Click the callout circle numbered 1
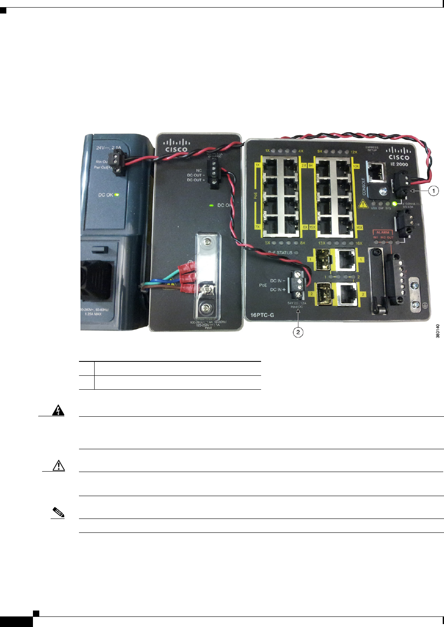[x=433, y=191]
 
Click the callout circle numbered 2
[x=298, y=332]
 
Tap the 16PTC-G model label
[x=262, y=315]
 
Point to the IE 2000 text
[x=399, y=164]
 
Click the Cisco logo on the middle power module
[x=176, y=146]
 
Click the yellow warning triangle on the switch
[x=363, y=204]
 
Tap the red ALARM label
[x=383, y=232]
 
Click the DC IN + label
[x=278, y=290]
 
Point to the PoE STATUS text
[x=281, y=252]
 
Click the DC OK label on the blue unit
[x=106, y=195]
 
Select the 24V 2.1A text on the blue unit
[x=109, y=148]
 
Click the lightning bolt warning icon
[x=58, y=410]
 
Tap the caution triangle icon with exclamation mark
[x=58, y=465]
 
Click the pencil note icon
[x=58, y=513]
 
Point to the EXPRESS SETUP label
[x=372, y=149]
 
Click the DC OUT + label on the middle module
[x=196, y=180]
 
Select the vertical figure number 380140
[x=438, y=331]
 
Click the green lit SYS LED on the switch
[x=395, y=204]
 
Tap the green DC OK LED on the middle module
[x=211, y=205]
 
